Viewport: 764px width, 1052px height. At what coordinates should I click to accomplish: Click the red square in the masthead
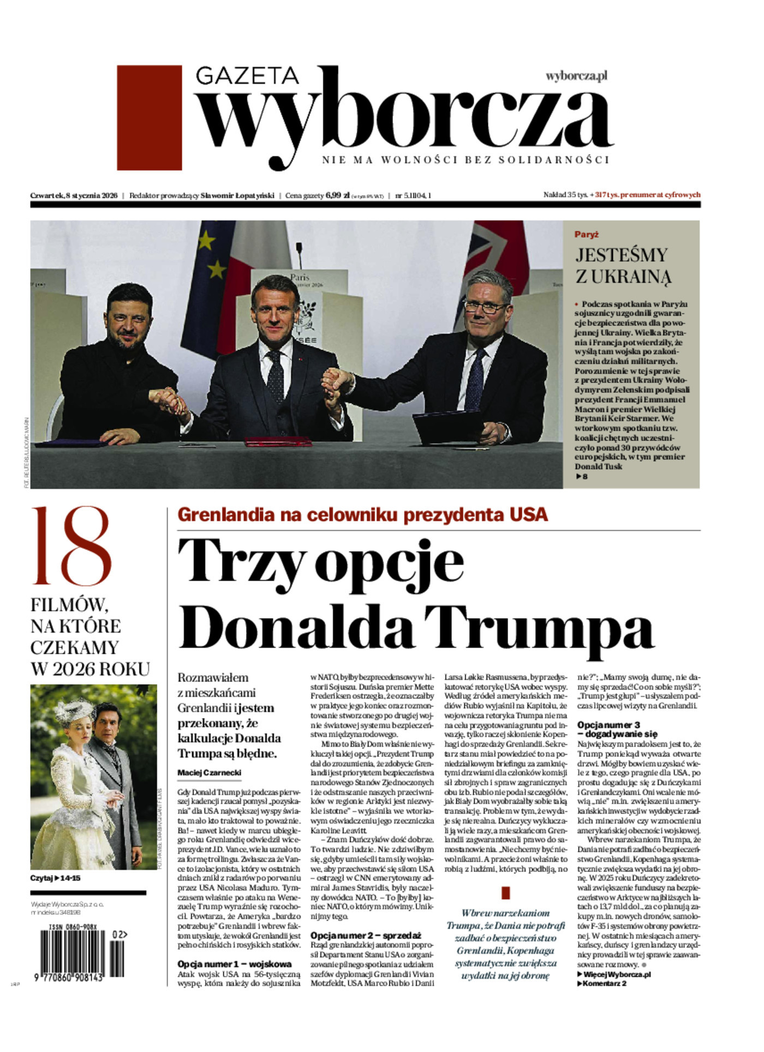pyautogui.click(x=149, y=118)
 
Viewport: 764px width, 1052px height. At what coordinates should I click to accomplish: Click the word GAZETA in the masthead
pyautogui.click(x=247, y=76)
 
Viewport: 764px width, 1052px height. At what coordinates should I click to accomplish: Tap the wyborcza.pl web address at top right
pyautogui.click(x=576, y=76)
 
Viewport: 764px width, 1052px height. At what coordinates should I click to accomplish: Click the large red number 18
pyautogui.click(x=71, y=546)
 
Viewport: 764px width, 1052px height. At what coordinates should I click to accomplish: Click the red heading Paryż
pyautogui.click(x=587, y=234)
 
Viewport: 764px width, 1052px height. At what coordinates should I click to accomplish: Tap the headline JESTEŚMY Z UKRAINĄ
pyautogui.click(x=622, y=266)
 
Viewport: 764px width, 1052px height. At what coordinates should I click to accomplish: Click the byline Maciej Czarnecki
pyautogui.click(x=209, y=773)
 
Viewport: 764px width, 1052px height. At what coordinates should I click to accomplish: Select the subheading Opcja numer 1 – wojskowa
pyautogui.click(x=235, y=964)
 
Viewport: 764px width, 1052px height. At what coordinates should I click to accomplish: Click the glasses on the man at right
pyautogui.click(x=487, y=307)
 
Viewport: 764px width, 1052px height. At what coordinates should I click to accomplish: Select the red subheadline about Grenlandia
pyautogui.click(x=363, y=515)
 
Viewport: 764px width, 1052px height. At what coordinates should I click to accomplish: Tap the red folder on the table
pyautogui.click(x=278, y=442)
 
